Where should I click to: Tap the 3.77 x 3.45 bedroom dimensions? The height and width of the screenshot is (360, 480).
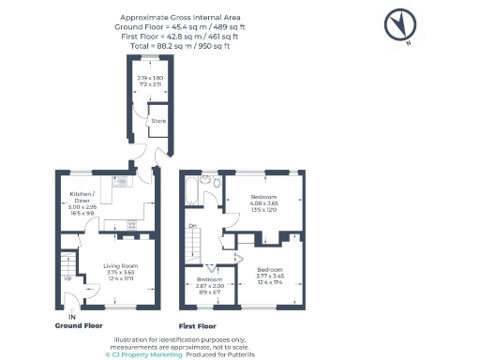271,278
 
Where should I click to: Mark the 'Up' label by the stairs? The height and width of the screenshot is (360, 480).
67,278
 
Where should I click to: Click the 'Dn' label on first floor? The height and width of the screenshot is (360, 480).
192,226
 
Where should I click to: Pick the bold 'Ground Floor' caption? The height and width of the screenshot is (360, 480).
79,326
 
